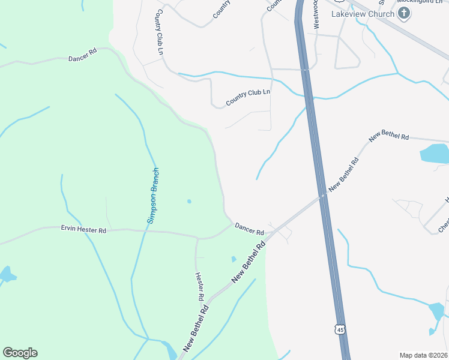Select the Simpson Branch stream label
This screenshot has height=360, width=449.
[x=154, y=196]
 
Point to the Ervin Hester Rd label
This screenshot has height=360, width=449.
[x=83, y=229]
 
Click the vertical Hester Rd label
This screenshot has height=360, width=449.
[x=199, y=286]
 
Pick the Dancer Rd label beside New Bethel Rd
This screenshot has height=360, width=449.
[x=249, y=228]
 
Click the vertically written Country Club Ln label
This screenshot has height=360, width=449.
[x=160, y=32]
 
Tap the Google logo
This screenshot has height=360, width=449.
[x=20, y=353]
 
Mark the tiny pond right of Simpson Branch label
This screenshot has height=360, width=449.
[x=189, y=201]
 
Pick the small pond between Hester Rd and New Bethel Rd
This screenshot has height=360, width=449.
[x=234, y=259]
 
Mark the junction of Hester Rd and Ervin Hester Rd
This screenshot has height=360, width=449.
[x=197, y=238]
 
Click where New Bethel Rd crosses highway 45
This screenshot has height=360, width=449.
[x=323, y=195]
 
